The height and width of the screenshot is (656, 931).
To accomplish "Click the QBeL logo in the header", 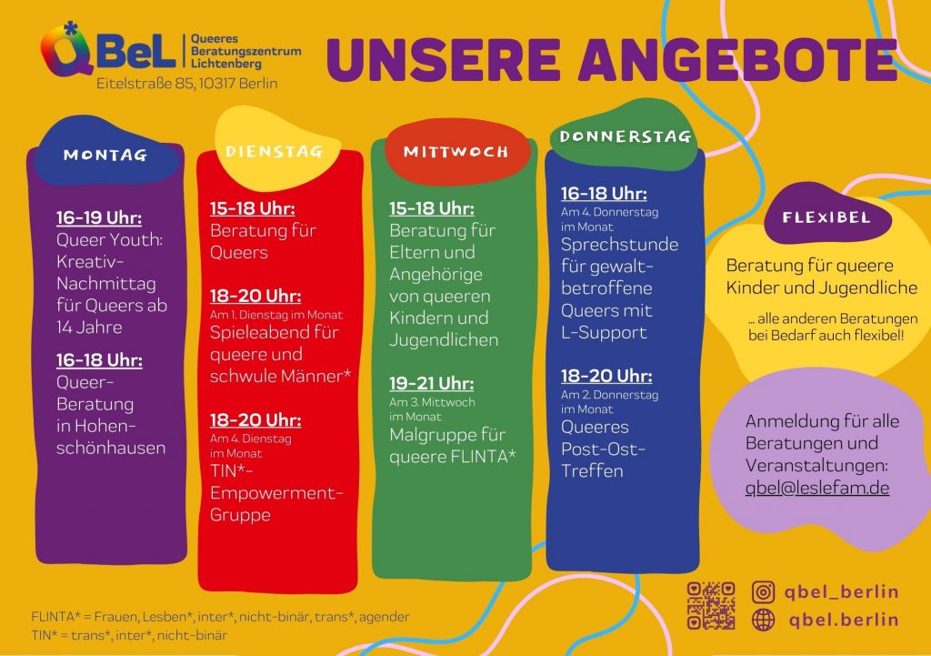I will (x=107, y=51).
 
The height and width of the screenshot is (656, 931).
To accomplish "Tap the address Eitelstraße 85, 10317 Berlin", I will (x=187, y=84).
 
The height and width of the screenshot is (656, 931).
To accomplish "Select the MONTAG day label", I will (x=105, y=156).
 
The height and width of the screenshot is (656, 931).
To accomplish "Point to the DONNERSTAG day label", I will (x=626, y=137).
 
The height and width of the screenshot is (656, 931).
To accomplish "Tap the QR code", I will (x=711, y=605).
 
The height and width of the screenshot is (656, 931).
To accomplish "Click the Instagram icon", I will (x=764, y=591).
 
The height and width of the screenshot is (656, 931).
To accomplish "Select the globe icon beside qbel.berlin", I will (x=764, y=621).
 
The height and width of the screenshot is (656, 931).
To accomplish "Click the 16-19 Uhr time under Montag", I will (x=99, y=218).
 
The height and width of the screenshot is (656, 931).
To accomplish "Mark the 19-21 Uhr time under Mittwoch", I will (x=432, y=384).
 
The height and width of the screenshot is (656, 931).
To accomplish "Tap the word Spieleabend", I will (x=261, y=332).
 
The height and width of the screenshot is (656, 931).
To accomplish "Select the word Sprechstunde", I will (x=619, y=245).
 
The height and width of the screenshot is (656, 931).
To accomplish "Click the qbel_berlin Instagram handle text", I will (x=841, y=591).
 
